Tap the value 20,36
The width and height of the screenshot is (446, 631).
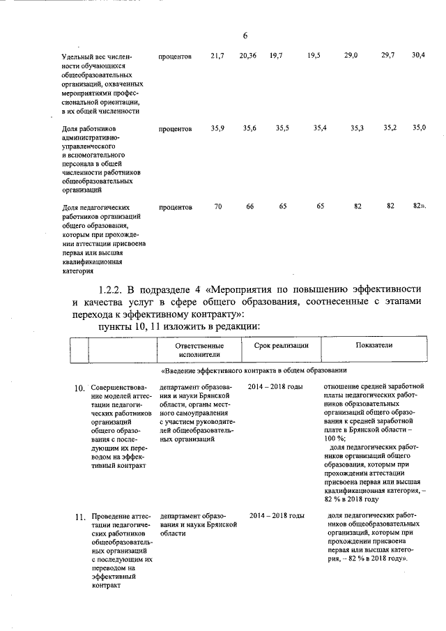(x=247, y=56)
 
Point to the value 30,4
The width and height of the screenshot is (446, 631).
(x=419, y=55)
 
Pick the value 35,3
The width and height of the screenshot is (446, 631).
(x=357, y=128)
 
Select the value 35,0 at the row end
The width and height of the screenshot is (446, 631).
(x=419, y=128)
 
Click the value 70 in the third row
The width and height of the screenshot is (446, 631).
(x=218, y=206)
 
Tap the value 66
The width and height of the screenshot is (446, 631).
(x=249, y=206)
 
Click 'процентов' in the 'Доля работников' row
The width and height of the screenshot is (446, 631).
(x=175, y=129)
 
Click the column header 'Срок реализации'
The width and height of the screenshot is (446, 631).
(x=277, y=346)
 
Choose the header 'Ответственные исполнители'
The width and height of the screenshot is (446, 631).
(x=199, y=350)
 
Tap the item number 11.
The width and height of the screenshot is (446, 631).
(x=79, y=517)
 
